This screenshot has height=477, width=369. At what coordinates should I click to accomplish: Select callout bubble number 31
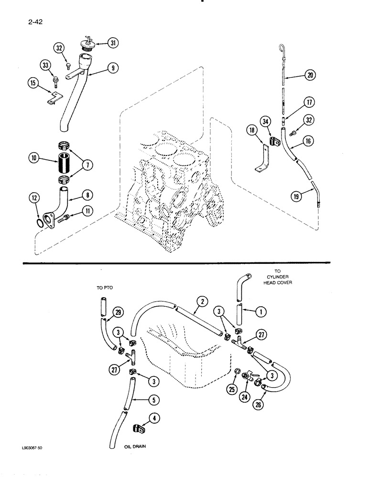pyautogui.click(x=113, y=43)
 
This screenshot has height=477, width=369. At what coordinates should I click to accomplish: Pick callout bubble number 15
pyautogui.click(x=33, y=84)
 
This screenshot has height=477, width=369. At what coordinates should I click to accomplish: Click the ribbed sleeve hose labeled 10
pyautogui.click(x=65, y=158)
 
